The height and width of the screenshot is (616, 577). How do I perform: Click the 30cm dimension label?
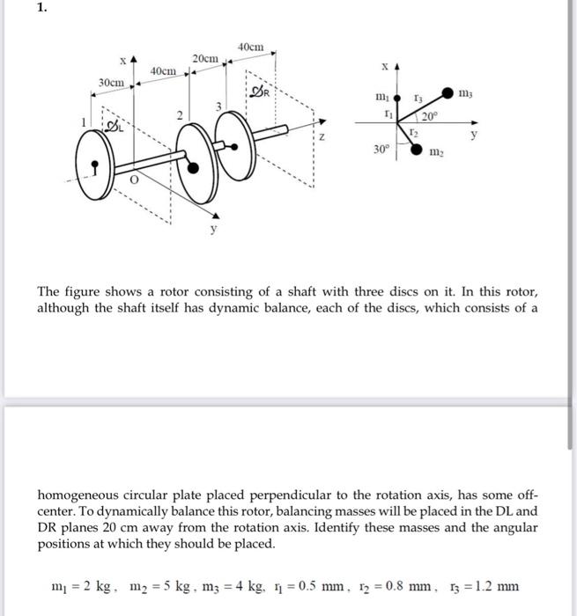point(111,81)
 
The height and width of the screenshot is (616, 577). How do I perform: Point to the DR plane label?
point(260,92)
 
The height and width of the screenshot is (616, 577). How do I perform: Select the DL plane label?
point(114,128)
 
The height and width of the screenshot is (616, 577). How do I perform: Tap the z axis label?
point(322,137)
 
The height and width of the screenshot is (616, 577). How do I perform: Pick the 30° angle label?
point(380,150)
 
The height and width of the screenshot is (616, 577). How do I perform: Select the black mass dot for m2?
point(416,150)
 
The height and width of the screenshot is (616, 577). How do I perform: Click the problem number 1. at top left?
point(13,10)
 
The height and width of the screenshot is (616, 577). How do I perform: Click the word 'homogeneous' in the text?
point(82,494)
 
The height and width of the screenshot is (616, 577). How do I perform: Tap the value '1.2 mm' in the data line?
point(498,586)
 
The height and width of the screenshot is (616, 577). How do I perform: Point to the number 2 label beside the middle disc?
point(178,115)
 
